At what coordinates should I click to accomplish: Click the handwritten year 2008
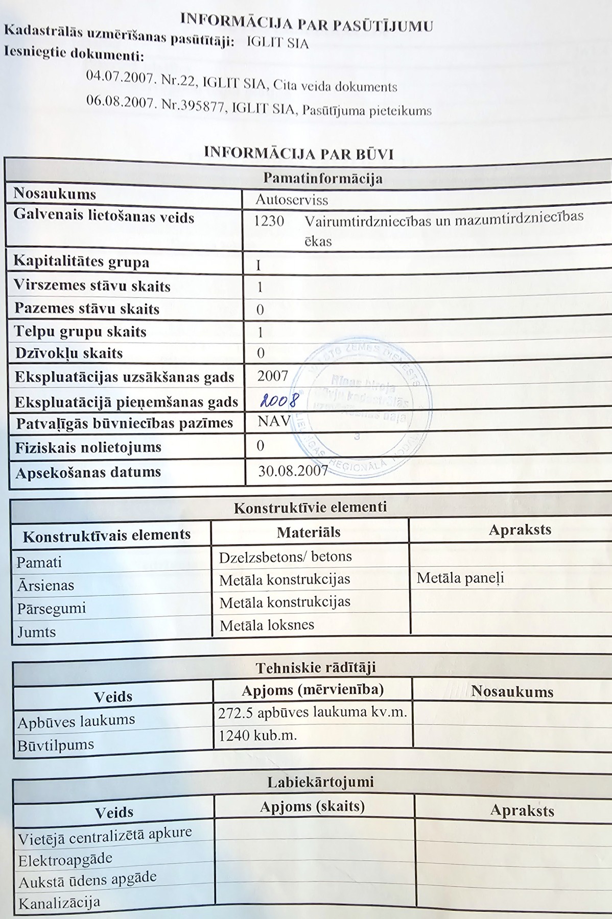click(278, 400)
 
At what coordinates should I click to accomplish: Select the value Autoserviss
click(292, 200)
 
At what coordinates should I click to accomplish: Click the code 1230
click(269, 221)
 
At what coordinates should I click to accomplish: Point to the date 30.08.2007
click(292, 471)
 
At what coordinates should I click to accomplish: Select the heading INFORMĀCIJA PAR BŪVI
click(299, 153)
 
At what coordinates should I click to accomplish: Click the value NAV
click(274, 421)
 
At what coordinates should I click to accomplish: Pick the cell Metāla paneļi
click(460, 578)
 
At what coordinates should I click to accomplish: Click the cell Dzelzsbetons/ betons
click(285, 557)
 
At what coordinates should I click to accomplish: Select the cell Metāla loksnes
click(267, 625)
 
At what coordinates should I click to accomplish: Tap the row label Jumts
click(36, 632)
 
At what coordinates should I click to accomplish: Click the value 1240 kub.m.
click(257, 735)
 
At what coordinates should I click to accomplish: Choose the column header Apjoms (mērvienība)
click(312, 690)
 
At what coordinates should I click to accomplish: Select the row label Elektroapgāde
click(65, 860)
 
